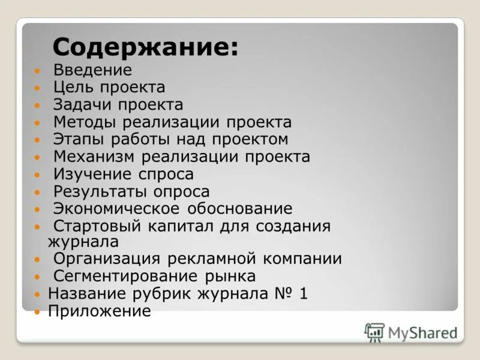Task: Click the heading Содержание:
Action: [x=145, y=47]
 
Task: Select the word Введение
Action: [x=92, y=70]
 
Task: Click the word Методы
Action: [x=85, y=122]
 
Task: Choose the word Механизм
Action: [x=95, y=157]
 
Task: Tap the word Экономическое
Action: [x=116, y=209]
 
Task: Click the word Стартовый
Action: [x=97, y=227]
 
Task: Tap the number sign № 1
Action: [x=292, y=294]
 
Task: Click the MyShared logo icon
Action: [x=374, y=332]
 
